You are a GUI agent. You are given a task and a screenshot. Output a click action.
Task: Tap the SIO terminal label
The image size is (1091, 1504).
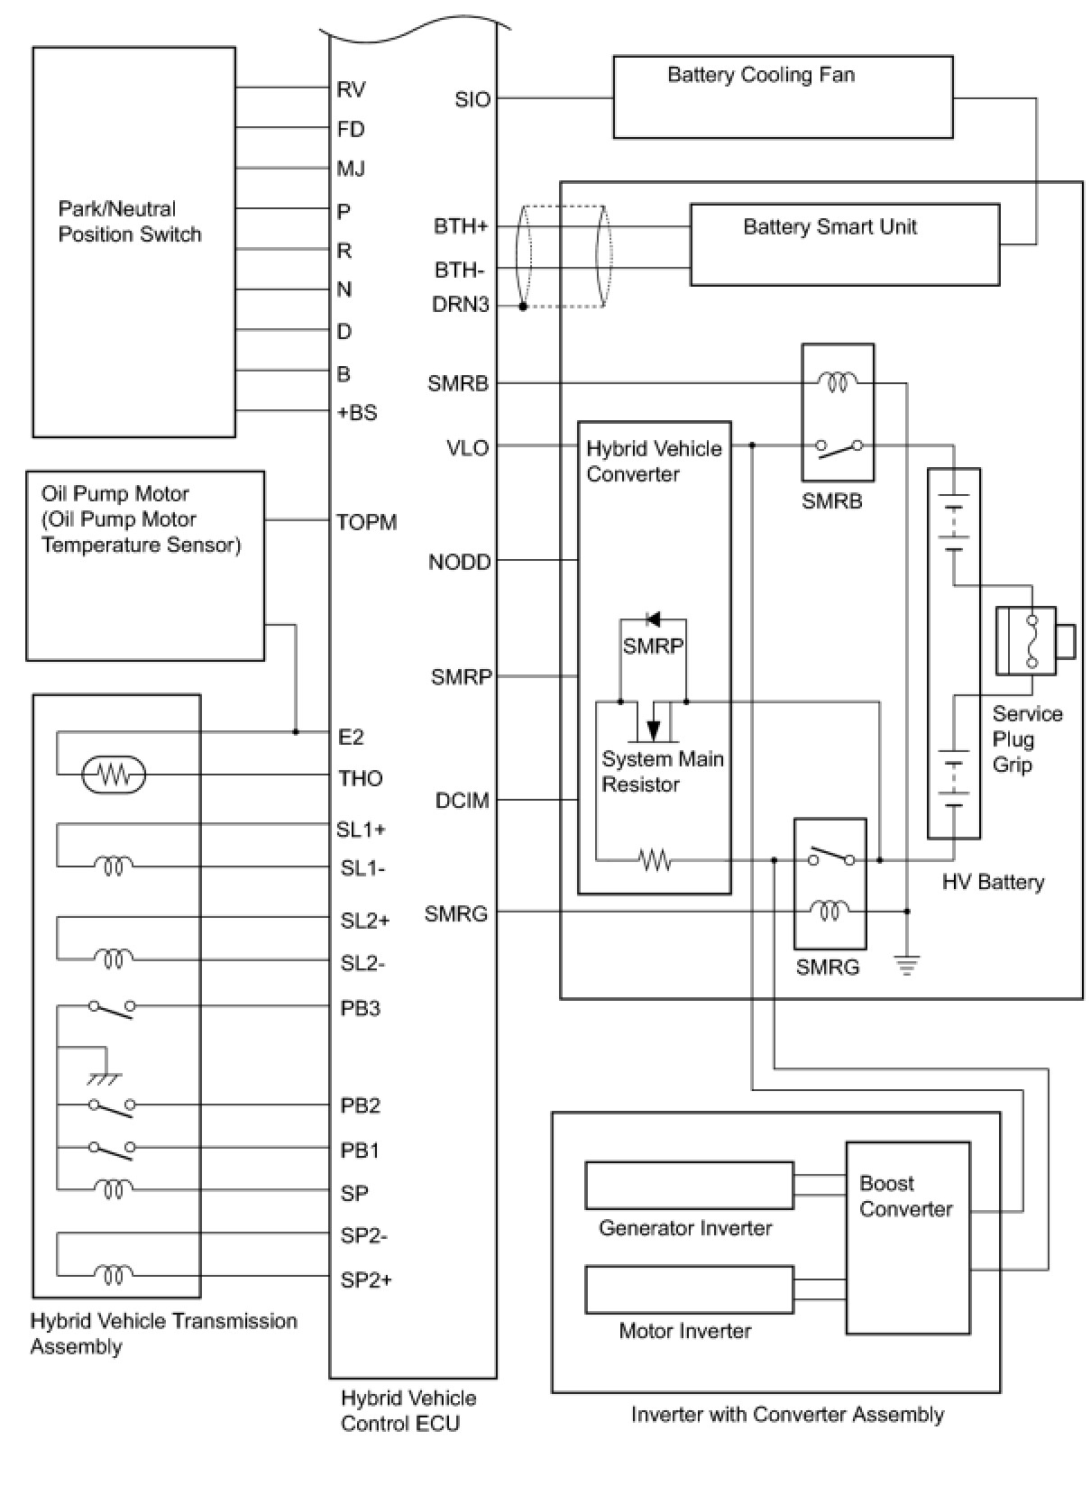[x=472, y=99]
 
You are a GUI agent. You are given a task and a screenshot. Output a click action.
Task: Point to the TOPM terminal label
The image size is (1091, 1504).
[x=367, y=522]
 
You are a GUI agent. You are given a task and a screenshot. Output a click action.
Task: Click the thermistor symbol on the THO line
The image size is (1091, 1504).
[x=114, y=775]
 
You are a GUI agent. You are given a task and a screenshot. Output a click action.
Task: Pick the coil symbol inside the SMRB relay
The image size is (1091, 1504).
[x=838, y=382]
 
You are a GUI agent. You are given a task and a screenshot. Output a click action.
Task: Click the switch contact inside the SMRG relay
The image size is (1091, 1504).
[x=831, y=857]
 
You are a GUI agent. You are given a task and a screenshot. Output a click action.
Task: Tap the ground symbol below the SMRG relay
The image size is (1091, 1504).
[x=906, y=965]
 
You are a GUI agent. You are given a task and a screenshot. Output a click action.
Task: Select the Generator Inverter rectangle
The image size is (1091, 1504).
[x=689, y=1185]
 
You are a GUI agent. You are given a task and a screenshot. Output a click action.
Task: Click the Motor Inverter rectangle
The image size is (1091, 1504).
[x=689, y=1289]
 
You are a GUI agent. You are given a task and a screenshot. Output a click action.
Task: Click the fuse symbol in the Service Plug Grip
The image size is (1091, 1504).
[x=1031, y=640]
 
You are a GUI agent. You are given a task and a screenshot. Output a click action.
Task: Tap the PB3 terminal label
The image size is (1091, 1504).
[x=360, y=1008]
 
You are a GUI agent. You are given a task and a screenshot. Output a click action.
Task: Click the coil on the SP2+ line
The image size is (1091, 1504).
[x=114, y=1274]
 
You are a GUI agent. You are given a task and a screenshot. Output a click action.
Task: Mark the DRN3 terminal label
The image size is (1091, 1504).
[x=461, y=305]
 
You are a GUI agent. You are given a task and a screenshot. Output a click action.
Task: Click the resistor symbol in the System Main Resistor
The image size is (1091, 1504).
[x=654, y=859]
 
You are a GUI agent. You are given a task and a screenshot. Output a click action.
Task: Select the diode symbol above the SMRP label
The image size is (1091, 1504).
[x=653, y=619]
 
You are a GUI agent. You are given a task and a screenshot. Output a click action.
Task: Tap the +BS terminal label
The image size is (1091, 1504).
[x=356, y=412]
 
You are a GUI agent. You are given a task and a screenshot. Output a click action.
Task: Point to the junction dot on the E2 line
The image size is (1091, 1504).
[x=296, y=732]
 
